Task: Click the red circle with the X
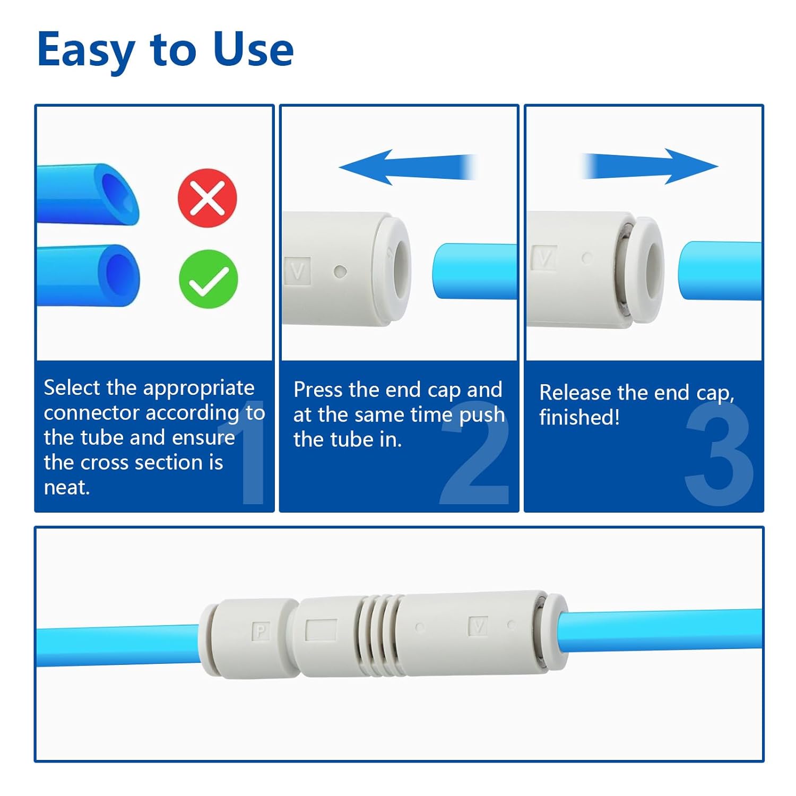pos(207,198)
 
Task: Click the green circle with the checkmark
pos(208,279)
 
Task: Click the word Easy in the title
pos(85,49)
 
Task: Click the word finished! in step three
pos(579,417)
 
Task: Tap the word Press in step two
pos(318,390)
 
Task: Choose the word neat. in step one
pos(67,487)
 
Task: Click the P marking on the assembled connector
pos(261,631)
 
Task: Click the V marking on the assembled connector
pos(478,627)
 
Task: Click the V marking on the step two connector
pos(298,271)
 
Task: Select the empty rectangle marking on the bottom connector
pos(321,630)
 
